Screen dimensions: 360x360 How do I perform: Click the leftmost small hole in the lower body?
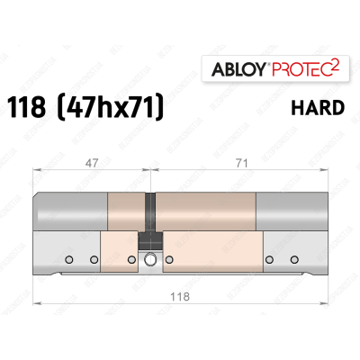(x=69, y=261)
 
